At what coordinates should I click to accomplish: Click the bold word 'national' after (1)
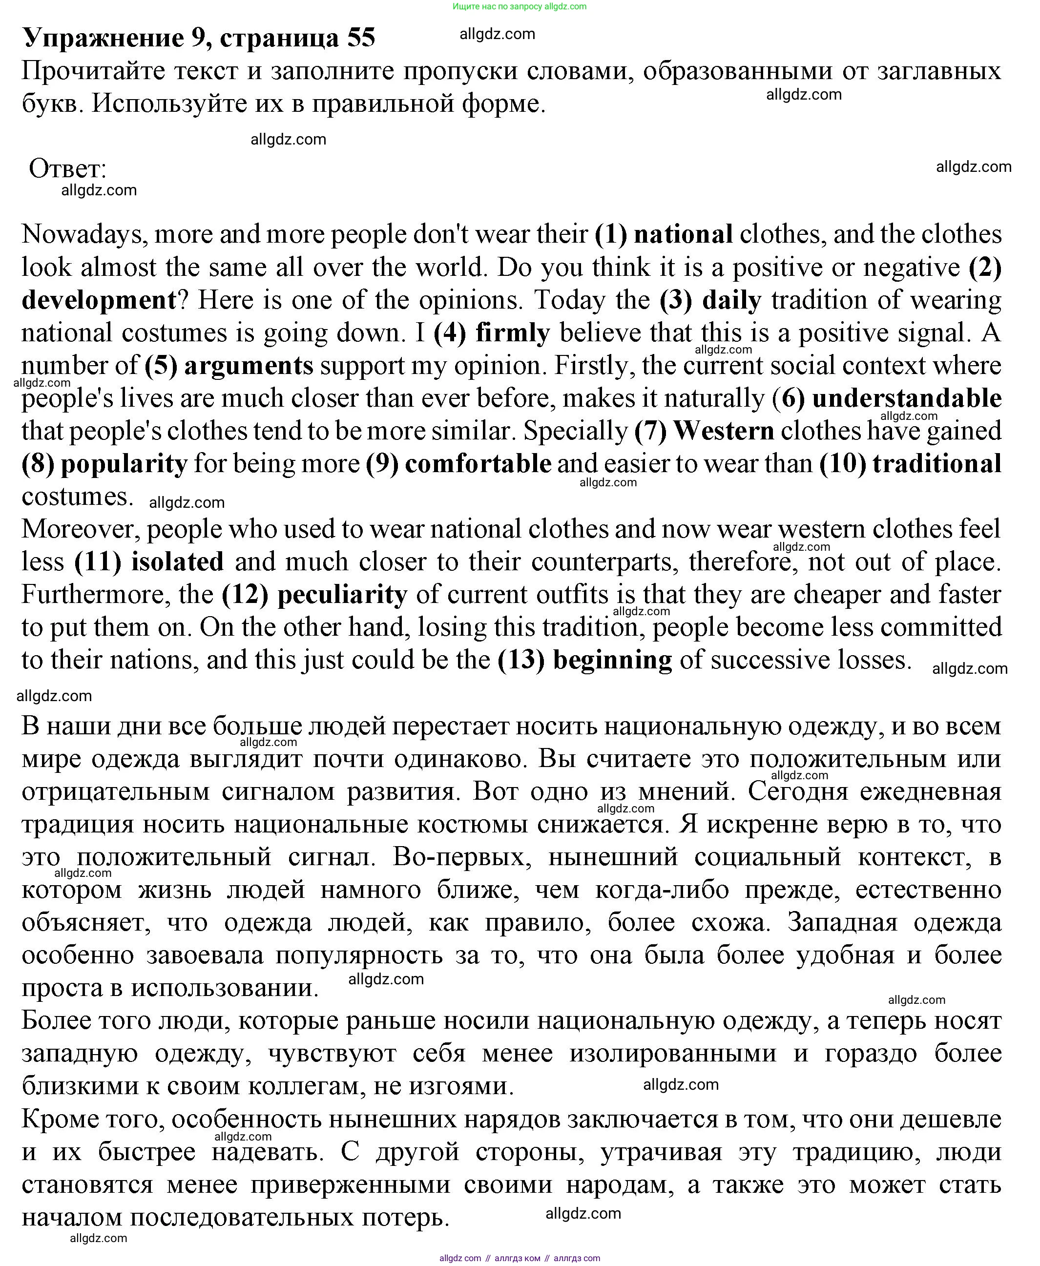click(x=683, y=234)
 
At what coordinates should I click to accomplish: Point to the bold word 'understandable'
click(x=906, y=398)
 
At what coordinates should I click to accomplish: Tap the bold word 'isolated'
click(x=177, y=562)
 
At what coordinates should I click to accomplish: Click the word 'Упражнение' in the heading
click(x=103, y=38)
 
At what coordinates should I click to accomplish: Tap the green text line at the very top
click(x=520, y=6)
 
